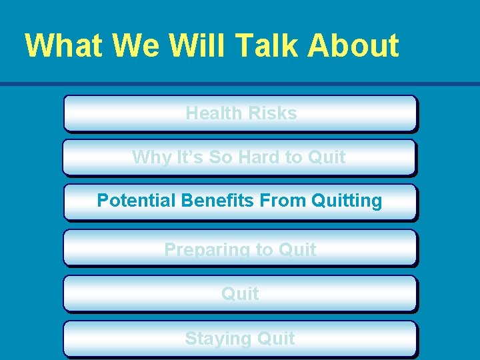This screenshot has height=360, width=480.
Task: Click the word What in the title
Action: click(64, 45)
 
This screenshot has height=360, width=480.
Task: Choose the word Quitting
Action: click(347, 201)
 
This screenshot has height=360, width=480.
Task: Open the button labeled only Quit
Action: click(240, 294)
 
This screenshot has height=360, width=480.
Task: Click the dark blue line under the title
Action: click(240, 84)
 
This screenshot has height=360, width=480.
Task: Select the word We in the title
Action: click(135, 45)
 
